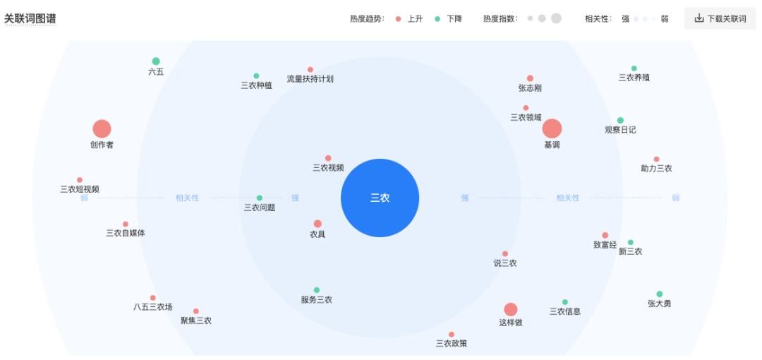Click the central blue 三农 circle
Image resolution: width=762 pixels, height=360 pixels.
(x=380, y=198)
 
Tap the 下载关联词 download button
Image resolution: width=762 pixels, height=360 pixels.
(x=720, y=18)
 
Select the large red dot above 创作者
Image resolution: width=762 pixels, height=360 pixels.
(x=102, y=128)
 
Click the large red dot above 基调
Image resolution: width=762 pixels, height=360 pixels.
(x=552, y=128)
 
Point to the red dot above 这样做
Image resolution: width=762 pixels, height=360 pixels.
(x=510, y=309)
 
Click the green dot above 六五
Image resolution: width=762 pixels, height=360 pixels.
(x=156, y=61)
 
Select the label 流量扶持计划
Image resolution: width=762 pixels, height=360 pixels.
(x=310, y=79)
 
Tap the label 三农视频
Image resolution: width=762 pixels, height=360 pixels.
(x=328, y=168)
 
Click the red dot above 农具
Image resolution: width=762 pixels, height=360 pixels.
(x=317, y=224)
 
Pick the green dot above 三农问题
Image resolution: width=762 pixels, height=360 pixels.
(x=260, y=198)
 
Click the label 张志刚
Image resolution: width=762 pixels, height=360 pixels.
(x=530, y=88)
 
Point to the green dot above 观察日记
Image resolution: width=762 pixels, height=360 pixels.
(x=620, y=120)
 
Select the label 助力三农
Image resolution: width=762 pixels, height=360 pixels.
(x=656, y=169)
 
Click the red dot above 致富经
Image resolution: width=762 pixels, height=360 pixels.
(x=605, y=235)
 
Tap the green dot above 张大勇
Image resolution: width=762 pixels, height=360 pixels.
(x=660, y=294)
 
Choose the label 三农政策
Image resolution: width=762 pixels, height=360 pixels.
(x=452, y=344)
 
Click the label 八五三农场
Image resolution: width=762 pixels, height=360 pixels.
(x=152, y=307)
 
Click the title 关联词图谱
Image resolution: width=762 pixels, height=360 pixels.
(x=30, y=19)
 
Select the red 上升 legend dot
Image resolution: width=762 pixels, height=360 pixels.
(x=399, y=19)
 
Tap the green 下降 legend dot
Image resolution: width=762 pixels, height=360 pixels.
(x=437, y=19)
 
